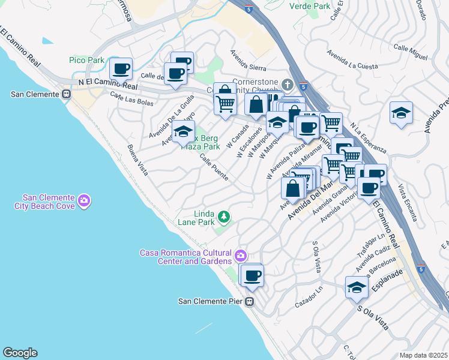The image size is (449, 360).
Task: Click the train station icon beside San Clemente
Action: click(x=66, y=94)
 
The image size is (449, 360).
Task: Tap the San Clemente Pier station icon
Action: click(x=252, y=301)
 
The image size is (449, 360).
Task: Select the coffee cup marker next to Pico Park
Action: click(x=121, y=69)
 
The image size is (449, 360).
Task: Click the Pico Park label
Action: click(x=86, y=60)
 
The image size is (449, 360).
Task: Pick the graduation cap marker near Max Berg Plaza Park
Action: click(x=183, y=131)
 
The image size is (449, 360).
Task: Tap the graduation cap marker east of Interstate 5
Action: click(x=400, y=113)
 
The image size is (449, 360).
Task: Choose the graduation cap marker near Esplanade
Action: click(x=357, y=287)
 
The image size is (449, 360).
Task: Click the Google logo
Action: click(x=20, y=353)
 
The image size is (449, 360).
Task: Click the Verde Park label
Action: click(x=310, y=6)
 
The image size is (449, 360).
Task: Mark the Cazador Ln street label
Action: click(x=309, y=298)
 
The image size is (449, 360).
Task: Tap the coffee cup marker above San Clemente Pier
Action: click(x=253, y=275)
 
